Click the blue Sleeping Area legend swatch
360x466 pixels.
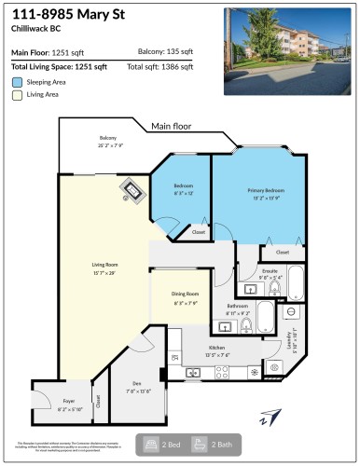(17, 82)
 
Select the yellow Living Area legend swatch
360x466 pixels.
(17, 95)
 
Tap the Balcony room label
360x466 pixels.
(108, 140)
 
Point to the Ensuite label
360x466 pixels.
(270, 272)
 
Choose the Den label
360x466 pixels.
(137, 386)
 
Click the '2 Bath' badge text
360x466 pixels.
(224, 445)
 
